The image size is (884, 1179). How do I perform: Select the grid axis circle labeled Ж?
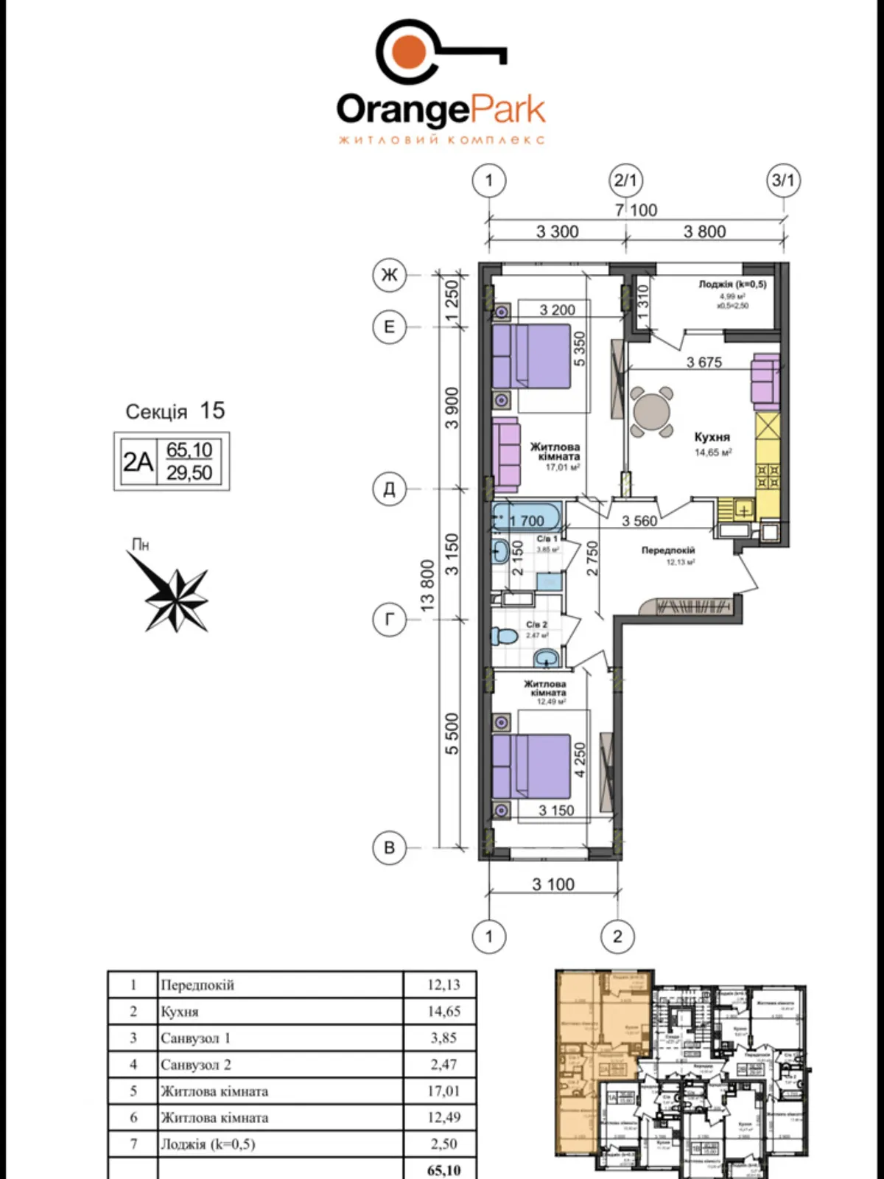click(x=389, y=275)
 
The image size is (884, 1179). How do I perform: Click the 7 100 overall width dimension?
click(x=636, y=210)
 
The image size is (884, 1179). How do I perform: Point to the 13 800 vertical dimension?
click(x=428, y=584)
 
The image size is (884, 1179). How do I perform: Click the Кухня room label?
click(x=712, y=437)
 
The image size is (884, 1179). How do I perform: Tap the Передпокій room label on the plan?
click(x=667, y=550)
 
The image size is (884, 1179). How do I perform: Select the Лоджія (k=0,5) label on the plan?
click(x=732, y=284)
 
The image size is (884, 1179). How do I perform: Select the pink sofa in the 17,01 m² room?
click(x=506, y=455)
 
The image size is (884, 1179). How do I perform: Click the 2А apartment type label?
click(x=138, y=461)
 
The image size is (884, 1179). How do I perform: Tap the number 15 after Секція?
click(x=212, y=410)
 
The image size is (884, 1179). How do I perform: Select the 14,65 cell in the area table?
click(x=443, y=1012)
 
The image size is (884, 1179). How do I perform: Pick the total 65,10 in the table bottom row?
click(x=443, y=1169)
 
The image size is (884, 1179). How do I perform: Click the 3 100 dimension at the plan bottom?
click(x=553, y=884)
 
